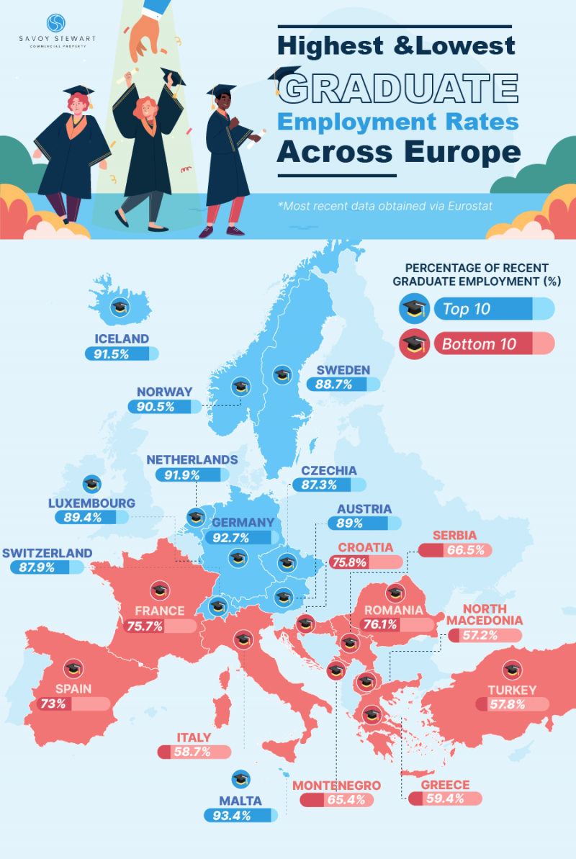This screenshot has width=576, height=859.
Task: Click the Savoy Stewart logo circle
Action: click(55, 24)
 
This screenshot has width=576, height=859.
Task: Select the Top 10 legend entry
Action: click(467, 310)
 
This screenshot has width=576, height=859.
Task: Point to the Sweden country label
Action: click(341, 370)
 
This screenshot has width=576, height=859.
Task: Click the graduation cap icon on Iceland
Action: click(120, 308)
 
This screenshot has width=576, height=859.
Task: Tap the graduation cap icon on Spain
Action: click(73, 668)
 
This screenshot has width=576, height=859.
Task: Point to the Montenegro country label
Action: click(336, 785)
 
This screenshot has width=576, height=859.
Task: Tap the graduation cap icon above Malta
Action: click(240, 778)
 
